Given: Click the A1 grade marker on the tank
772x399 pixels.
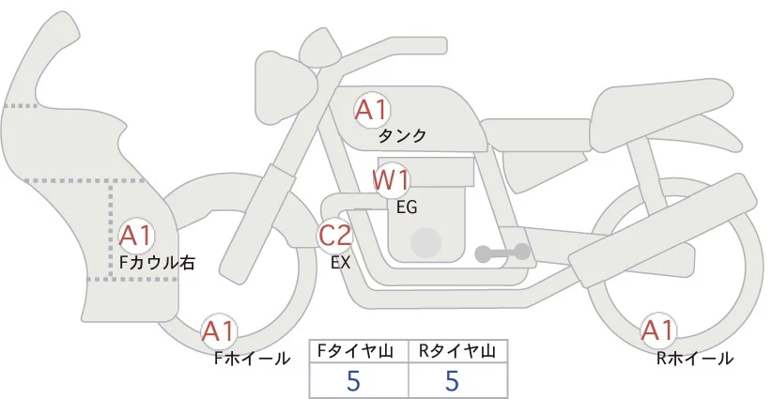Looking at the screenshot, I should pos(371,111).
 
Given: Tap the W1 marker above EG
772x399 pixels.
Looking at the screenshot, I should pos(391,179).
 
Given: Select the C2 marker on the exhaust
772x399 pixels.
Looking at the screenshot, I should pos(335,237).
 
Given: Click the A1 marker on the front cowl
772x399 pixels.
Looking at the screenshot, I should pos(136,235).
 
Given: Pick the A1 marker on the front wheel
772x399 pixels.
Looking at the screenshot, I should pos(219,331).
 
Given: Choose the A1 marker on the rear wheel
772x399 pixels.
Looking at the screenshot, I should pos(656,330).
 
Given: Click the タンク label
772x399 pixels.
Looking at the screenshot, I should pos(402,136).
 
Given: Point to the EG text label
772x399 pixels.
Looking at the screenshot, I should pos(408,207).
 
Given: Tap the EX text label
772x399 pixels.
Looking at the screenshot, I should pos(341,264).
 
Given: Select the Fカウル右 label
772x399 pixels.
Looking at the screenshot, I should pos(157,263).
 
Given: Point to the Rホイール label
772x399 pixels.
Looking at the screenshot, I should pos(695,358).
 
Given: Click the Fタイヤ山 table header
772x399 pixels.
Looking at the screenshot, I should pos(359,351).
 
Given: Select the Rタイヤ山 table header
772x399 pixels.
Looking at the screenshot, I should pos(457,351).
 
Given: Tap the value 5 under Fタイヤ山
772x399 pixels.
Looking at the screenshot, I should pos(353,381).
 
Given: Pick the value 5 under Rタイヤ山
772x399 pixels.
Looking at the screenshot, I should pos(452,381).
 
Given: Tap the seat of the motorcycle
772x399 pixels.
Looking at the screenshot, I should pos(662,103).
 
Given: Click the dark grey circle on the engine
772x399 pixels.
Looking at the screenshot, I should pos(428,242).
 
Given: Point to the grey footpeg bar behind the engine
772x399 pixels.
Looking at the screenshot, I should pos(502,253).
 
